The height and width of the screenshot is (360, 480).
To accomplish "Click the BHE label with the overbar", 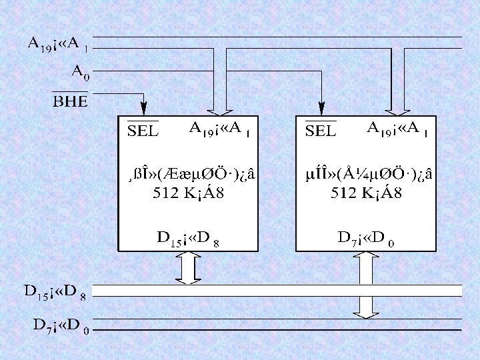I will pos(70,101).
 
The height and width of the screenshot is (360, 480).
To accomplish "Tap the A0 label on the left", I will pos(80,71).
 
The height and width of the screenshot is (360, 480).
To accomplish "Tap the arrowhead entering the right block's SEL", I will pos(321,107).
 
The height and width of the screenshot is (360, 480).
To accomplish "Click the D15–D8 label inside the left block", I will pos(188,237).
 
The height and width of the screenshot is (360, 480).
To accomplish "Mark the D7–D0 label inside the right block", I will pos(366,237).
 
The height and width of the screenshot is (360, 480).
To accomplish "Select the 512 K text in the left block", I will pos(188,194).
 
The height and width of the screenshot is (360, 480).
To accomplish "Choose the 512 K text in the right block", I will pos(366,194).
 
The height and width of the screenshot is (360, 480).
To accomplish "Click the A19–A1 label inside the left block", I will pos(220,128).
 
